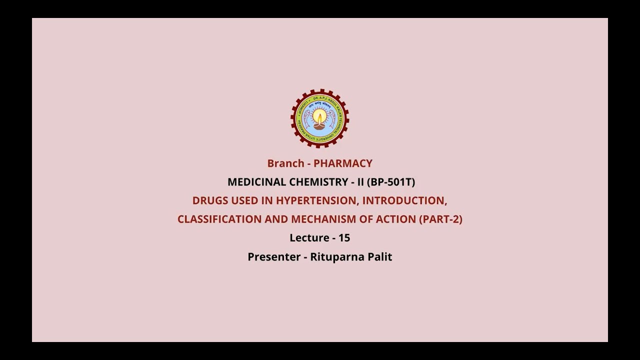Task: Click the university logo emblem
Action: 320,118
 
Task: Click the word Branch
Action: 285,163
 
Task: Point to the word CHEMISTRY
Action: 320,182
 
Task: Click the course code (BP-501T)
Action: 391,182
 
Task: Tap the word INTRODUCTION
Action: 404,200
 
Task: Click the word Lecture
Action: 309,238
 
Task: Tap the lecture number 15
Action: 344,238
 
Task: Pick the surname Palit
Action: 379,257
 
